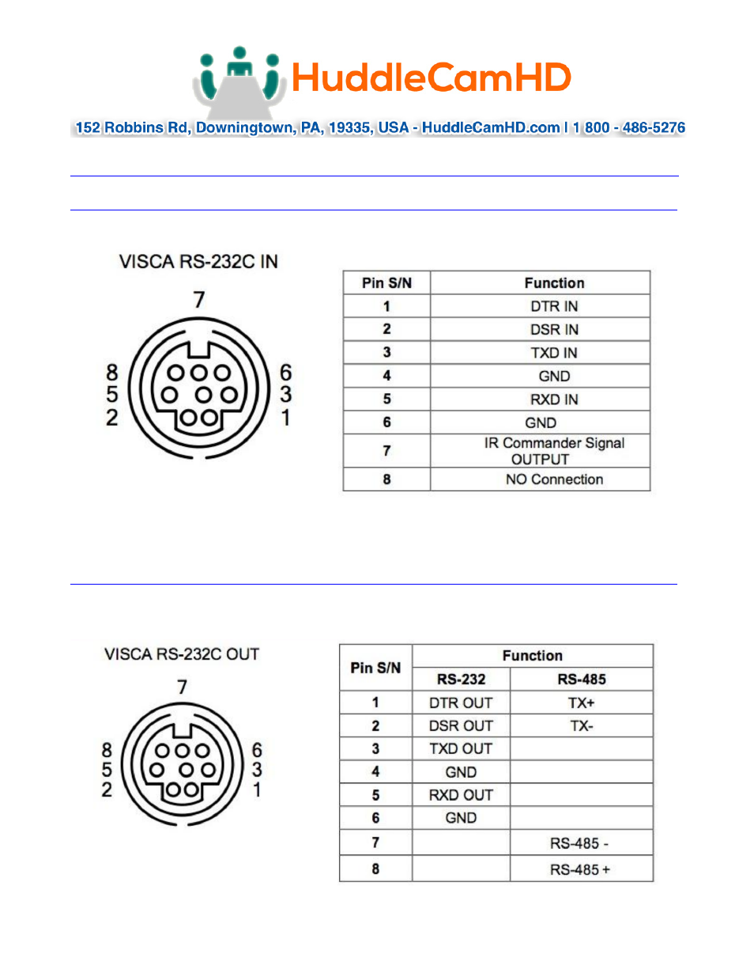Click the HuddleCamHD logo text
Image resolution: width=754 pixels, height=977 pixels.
point(431,78)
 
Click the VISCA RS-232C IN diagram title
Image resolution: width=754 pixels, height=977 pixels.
point(198,262)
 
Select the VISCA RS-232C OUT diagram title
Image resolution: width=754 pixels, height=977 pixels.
point(182,654)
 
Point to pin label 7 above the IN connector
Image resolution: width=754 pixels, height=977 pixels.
point(199,299)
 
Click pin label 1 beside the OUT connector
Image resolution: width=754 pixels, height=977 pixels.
point(257,790)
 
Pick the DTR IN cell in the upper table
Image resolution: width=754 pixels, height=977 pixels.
point(553,306)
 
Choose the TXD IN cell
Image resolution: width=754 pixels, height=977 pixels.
point(553,353)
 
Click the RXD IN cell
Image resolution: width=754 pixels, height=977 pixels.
point(553,400)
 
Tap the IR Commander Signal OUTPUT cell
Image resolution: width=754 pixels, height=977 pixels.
point(553,451)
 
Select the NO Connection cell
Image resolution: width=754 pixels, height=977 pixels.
point(553,479)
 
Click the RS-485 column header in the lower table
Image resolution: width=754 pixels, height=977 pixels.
point(582,680)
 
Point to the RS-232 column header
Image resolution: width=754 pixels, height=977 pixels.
point(461,680)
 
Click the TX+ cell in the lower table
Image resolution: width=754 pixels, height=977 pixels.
point(581,702)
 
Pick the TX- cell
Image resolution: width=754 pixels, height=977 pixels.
point(581,725)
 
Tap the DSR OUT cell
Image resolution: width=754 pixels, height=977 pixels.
point(461,725)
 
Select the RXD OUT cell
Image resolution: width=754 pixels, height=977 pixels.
point(461,795)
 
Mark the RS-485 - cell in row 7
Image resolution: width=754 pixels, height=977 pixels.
point(579,843)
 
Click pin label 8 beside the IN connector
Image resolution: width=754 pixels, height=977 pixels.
point(112,372)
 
